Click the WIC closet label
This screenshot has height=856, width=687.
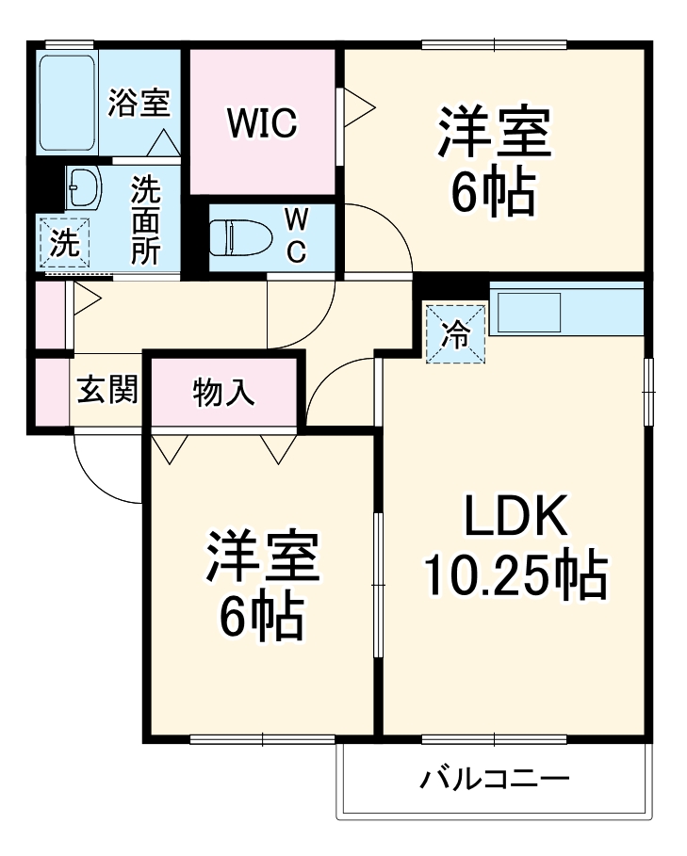[262, 121]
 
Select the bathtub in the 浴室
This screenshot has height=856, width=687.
[67, 103]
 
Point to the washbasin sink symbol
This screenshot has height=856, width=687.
[85, 187]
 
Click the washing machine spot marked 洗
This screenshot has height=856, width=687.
[64, 243]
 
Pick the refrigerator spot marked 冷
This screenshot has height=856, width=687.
[455, 334]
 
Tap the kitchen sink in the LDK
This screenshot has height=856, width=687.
[529, 312]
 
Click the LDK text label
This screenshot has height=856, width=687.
[515, 519]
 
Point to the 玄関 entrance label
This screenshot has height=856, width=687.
[106, 389]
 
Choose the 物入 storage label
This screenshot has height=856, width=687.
[223, 392]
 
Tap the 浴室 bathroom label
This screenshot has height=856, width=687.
[139, 102]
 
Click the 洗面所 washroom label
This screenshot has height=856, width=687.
[145, 219]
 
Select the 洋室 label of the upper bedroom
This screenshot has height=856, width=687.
[493, 134]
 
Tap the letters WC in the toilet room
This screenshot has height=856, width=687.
[296, 235]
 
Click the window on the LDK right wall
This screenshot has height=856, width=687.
[648, 392]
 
